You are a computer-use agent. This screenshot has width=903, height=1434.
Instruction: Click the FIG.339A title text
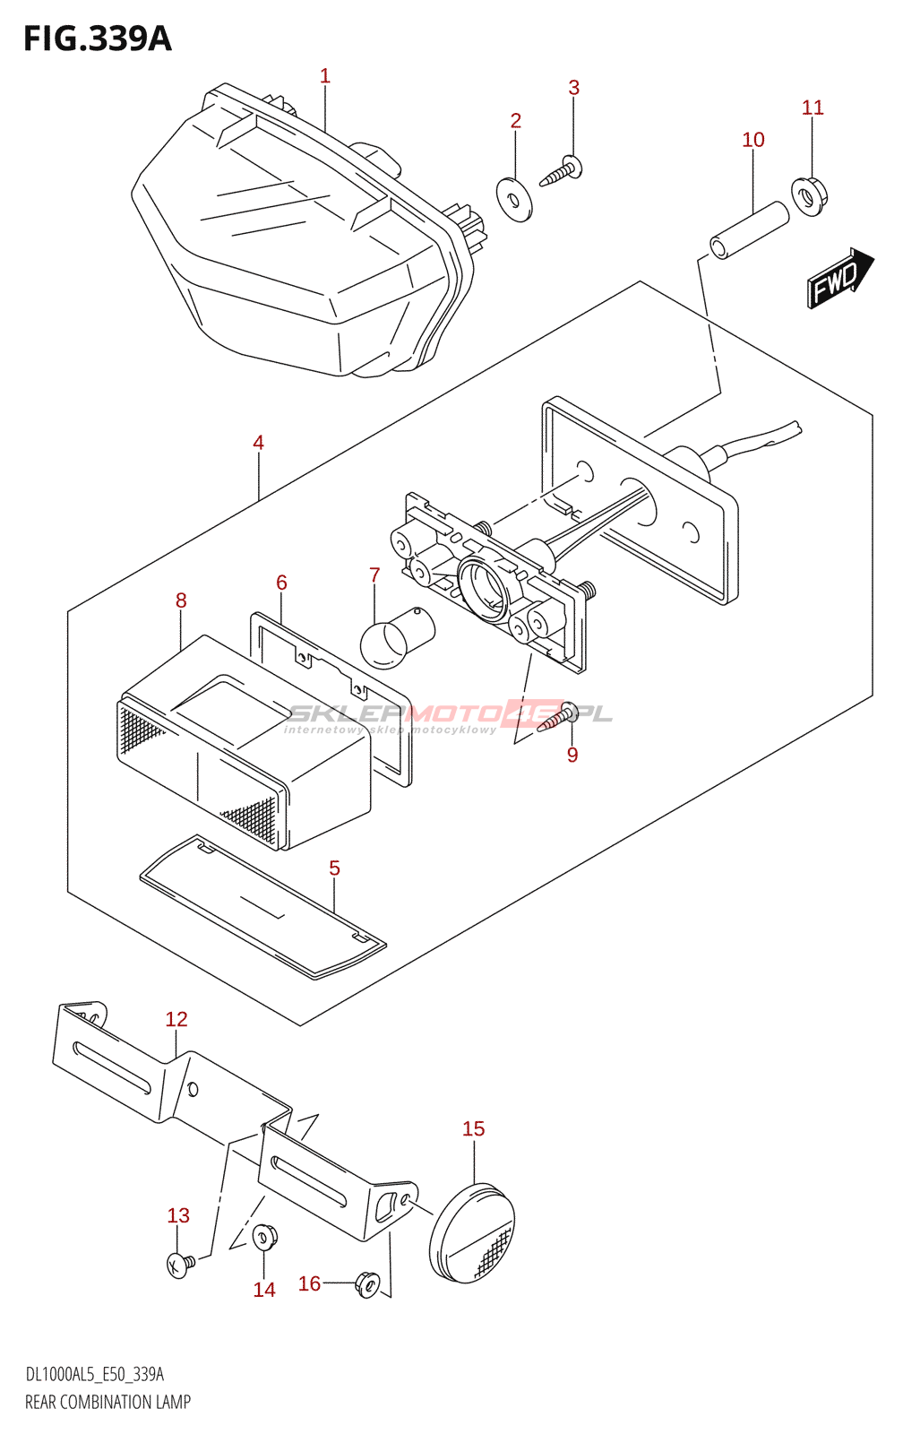(x=97, y=39)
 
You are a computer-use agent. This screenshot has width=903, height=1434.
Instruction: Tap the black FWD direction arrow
(x=838, y=279)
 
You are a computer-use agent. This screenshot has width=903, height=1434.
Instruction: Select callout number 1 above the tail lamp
(x=325, y=76)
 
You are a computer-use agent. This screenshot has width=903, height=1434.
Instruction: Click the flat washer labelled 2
(x=514, y=199)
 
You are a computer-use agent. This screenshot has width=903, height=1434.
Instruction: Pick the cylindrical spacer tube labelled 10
(x=750, y=230)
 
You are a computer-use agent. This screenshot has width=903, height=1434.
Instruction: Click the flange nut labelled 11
(x=810, y=197)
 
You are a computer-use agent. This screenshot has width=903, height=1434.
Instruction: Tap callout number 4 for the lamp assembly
(x=258, y=442)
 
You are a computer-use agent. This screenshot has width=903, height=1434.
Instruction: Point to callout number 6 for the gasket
(x=281, y=583)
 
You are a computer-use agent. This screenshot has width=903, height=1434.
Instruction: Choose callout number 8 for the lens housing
(x=181, y=600)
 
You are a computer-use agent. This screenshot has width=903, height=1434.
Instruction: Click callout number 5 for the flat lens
(x=334, y=868)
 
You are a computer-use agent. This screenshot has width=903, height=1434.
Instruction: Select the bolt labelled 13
(x=179, y=1265)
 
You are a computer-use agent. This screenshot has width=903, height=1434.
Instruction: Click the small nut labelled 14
(x=264, y=1237)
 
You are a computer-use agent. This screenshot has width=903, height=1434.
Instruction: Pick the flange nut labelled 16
(x=367, y=1283)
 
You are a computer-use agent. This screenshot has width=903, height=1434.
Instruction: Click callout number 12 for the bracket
(x=176, y=1019)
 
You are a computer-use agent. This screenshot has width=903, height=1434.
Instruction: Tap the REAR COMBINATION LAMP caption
(x=107, y=1402)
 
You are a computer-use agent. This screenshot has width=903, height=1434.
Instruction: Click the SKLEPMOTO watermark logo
(x=448, y=715)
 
